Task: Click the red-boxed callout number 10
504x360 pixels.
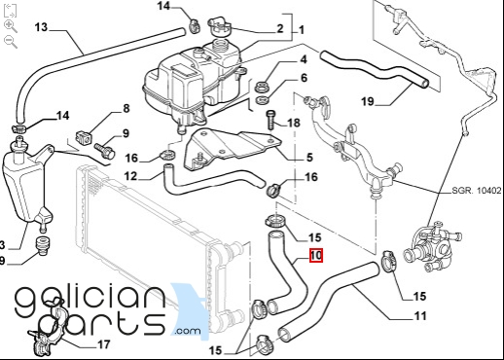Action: [x=316, y=255]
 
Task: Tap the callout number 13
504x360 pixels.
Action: [x=41, y=27]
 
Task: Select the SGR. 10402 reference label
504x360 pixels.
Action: [x=477, y=191]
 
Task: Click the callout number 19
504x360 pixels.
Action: [x=368, y=101]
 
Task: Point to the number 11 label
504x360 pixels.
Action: [x=420, y=315]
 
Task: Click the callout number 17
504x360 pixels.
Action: [x=104, y=344]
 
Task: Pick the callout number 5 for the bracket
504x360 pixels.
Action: [x=309, y=158]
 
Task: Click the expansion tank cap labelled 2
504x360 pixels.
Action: [x=218, y=26]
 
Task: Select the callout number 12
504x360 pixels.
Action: [x=130, y=176]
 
